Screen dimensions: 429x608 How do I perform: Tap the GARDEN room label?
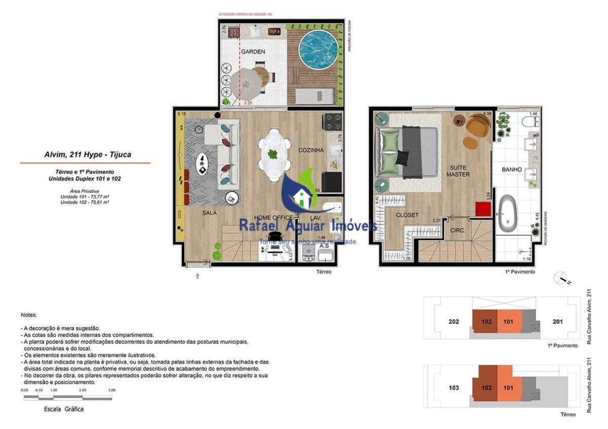point(253,52)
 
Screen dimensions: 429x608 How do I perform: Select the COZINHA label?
point(311,150)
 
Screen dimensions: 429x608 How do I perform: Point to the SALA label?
point(209,213)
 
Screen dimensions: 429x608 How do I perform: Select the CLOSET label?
point(407,215)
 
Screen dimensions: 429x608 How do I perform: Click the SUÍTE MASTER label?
point(458,171)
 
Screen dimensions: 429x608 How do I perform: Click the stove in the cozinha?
point(333,122)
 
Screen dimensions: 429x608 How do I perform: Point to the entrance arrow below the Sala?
point(198,276)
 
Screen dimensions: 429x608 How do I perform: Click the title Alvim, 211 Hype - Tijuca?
point(88,154)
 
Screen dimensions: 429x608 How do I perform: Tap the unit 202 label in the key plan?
point(454,322)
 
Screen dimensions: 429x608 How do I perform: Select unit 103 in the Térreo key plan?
point(454,388)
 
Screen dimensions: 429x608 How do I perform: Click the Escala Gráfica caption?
point(64,409)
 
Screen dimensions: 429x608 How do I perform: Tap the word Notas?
point(29,315)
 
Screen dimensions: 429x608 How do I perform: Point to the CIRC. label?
point(458,229)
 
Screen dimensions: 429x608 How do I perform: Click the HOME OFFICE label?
point(273,218)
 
